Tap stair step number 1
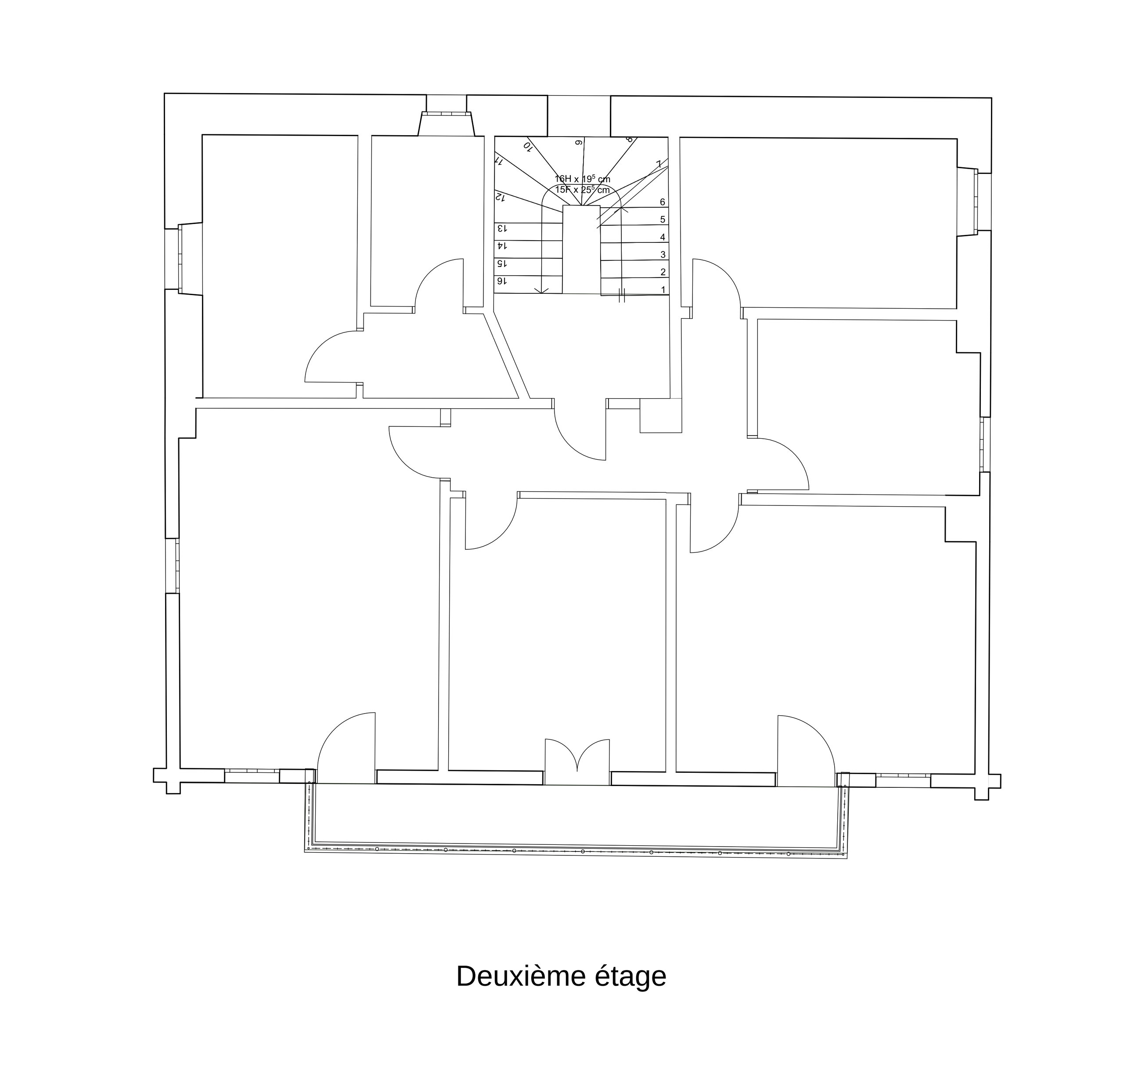coord(663,290)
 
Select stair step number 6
coord(662,202)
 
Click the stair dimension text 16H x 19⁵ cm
coord(582,179)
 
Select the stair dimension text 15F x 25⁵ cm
coord(582,190)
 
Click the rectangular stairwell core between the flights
coord(581,249)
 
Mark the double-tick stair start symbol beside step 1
coord(622,295)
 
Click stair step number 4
coord(662,237)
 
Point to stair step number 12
coord(500,197)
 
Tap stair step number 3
coord(663,255)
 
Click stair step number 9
coord(578,142)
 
